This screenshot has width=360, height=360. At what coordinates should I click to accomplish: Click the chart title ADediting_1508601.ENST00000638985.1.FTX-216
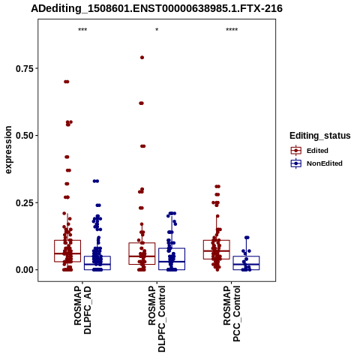pyautogui.click(x=157, y=8)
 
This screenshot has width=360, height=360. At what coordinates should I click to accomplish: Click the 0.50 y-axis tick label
pyautogui.click(x=25, y=136)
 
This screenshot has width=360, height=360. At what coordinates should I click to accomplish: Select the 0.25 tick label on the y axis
pyautogui.click(x=25, y=202)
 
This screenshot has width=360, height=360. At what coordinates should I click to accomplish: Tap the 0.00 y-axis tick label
pyautogui.click(x=25, y=270)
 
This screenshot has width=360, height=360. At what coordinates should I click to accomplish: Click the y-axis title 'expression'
pyautogui.click(x=8, y=150)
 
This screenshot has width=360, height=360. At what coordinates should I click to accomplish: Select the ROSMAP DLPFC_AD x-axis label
pyautogui.click(x=82, y=310)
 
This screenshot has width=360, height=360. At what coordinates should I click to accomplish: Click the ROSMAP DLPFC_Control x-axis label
pyautogui.click(x=157, y=319)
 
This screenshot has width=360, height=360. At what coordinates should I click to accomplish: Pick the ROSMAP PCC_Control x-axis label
pyautogui.click(x=232, y=313)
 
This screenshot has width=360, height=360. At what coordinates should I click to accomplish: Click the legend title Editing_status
pyautogui.click(x=320, y=136)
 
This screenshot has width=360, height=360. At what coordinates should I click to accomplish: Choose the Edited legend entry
pyautogui.click(x=317, y=151)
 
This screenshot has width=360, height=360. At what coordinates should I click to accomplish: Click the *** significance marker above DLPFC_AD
pyautogui.click(x=82, y=30)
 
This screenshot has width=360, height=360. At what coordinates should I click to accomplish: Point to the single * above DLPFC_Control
pyautogui.click(x=157, y=30)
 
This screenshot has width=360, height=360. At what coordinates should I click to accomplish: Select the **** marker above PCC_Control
pyautogui.click(x=232, y=30)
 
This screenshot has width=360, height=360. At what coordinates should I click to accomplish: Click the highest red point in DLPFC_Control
pyautogui.click(x=142, y=58)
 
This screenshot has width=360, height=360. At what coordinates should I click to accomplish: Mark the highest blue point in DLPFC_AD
pyautogui.click(x=96, y=181)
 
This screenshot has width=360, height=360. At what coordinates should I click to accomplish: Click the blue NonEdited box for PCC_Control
pyautogui.click(x=246, y=263)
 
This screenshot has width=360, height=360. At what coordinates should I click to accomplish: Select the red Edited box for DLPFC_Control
pyautogui.click(x=142, y=253)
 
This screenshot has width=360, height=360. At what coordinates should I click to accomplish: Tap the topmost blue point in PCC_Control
pyautogui.click(x=247, y=238)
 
